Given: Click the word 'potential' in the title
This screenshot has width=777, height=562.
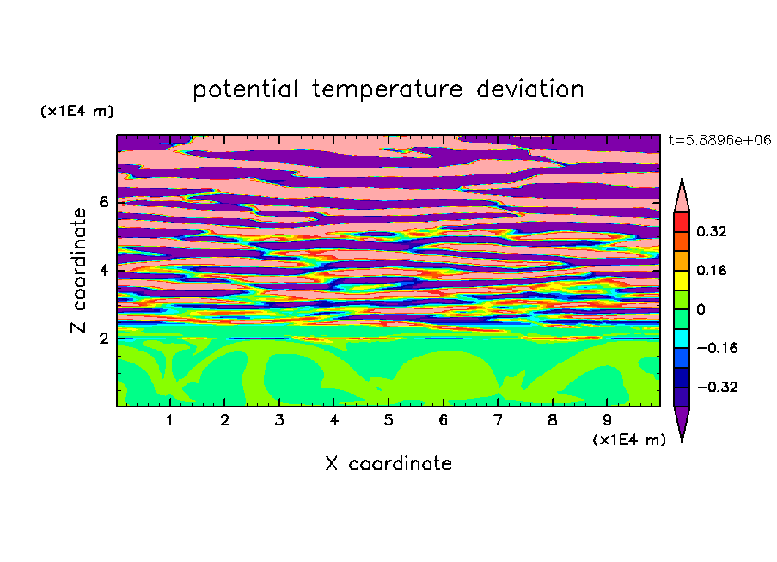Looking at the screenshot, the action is (x=246, y=90).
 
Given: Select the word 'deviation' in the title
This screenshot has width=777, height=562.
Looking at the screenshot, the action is (x=530, y=89).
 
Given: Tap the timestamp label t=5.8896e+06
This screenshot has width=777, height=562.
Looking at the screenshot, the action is (x=720, y=140).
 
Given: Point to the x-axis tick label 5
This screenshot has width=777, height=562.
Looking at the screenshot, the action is (x=388, y=420).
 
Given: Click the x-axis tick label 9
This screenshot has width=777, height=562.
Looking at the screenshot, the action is (x=607, y=420).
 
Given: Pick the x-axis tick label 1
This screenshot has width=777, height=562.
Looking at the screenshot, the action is (x=170, y=420).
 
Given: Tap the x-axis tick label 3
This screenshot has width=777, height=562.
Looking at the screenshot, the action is (x=279, y=420).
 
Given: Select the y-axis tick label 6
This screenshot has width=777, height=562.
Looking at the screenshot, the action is (x=104, y=202).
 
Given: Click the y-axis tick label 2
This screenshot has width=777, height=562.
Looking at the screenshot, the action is (x=104, y=339).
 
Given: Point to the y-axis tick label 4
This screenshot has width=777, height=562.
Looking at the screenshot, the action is (x=104, y=270).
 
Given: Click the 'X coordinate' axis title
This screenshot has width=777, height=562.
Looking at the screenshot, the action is (x=388, y=463).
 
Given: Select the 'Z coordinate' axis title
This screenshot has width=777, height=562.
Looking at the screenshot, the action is (x=79, y=270).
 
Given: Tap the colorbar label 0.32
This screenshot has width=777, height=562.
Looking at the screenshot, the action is (x=712, y=231).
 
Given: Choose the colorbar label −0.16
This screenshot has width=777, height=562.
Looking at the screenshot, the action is (x=717, y=348).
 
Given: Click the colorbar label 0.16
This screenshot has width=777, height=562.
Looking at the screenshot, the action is (x=712, y=270).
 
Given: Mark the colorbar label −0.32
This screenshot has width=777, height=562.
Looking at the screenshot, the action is (x=717, y=387).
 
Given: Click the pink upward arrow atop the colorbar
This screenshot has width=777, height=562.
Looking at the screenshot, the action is (x=682, y=198).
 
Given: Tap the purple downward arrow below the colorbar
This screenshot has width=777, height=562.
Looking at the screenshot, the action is (x=682, y=421).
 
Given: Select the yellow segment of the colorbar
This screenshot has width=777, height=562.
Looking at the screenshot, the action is (x=682, y=280).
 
